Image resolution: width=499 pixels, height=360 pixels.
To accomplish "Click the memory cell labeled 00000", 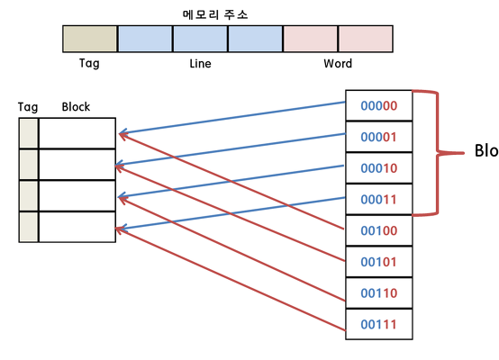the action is [378, 105].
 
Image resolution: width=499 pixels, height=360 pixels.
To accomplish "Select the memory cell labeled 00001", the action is [378, 137].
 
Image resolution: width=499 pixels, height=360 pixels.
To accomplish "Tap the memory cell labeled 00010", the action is [378, 168].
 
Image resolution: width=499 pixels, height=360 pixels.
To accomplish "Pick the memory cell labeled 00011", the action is [378, 199].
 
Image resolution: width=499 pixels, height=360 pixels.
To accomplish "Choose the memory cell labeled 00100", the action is [378, 230].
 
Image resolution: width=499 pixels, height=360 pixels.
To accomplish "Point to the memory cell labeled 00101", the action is [378, 261].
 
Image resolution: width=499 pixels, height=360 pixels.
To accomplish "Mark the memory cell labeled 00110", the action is [378, 292].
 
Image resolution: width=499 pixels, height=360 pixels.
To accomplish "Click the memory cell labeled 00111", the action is [378, 324].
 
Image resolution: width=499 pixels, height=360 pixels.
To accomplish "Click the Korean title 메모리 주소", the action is [215, 14].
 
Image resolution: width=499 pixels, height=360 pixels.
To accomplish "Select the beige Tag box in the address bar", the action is [90, 39].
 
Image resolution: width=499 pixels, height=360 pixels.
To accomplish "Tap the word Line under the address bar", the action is [200, 64].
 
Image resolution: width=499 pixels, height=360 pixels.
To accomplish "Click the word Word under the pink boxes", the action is [338, 64].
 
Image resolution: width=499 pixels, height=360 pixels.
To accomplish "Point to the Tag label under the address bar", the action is [89, 64].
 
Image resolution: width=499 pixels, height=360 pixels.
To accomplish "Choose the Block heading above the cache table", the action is [76, 107].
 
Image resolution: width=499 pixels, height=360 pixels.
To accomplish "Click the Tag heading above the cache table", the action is [28, 107].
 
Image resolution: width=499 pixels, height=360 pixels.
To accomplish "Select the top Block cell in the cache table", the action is [77, 133].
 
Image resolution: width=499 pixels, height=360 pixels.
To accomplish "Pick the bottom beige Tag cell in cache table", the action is [29, 227].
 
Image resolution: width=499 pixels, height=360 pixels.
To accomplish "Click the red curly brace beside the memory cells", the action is [439, 153].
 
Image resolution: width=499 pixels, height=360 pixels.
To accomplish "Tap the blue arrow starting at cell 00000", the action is [232, 118].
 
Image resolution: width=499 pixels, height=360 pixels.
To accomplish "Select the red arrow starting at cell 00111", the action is [230, 279].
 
